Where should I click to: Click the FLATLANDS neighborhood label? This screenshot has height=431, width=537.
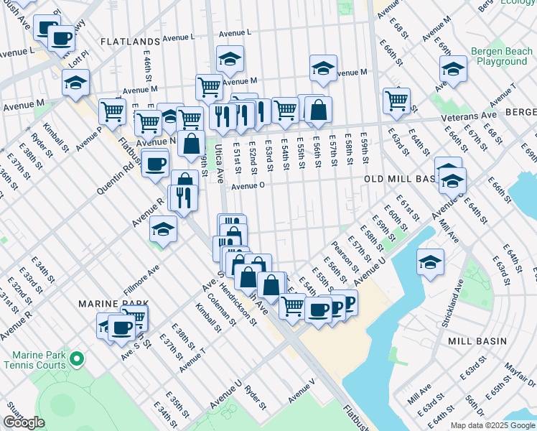(129, 42)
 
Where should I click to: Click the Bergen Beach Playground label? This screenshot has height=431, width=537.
(500, 57)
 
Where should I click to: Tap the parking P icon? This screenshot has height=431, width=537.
(349, 302)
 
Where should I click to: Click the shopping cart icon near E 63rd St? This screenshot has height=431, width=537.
(396, 100)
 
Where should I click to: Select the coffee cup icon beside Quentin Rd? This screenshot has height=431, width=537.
(155, 164)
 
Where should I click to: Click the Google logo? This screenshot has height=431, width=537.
(24, 422)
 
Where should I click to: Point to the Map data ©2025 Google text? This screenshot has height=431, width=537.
(492, 425)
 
